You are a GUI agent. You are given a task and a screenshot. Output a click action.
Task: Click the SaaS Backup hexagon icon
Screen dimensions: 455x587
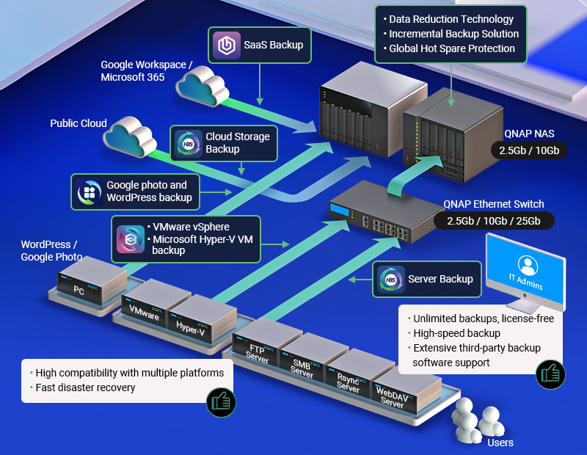[x=225, y=45]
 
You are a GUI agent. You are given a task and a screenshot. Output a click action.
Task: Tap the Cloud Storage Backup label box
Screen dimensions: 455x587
[x=224, y=143]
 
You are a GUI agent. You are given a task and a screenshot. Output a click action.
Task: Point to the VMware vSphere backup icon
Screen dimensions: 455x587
[x=130, y=239]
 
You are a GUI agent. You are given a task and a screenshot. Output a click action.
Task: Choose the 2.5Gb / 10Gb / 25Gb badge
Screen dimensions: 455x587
[x=493, y=221]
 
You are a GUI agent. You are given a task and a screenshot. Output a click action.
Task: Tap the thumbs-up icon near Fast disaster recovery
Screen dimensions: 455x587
[x=219, y=401]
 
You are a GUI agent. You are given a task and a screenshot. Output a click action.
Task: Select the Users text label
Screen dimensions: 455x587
[x=500, y=443]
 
